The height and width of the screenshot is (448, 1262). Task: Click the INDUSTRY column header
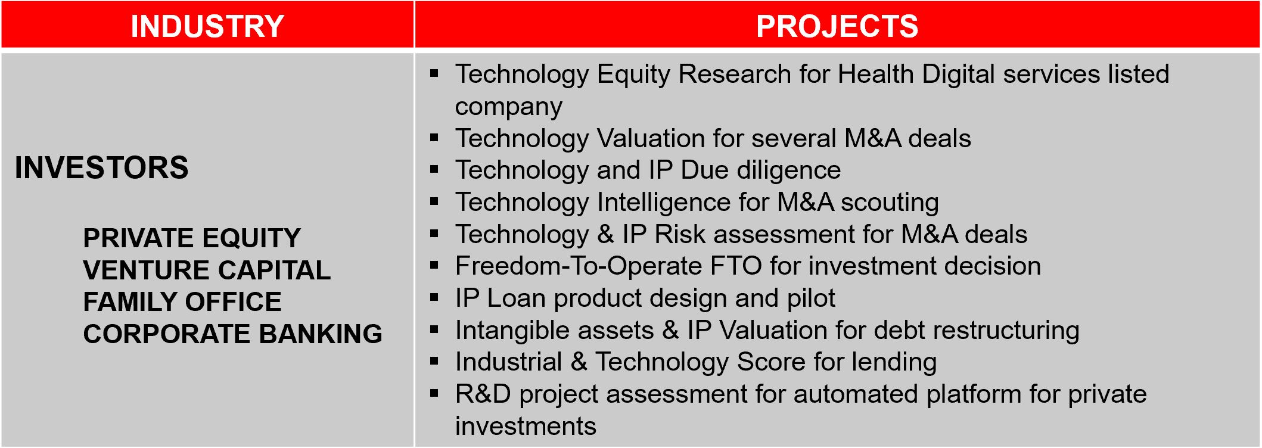click(x=207, y=26)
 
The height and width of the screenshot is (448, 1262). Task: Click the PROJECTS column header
click(x=837, y=26)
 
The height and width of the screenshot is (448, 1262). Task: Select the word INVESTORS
click(x=101, y=167)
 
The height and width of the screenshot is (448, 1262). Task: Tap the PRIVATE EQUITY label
click(x=192, y=238)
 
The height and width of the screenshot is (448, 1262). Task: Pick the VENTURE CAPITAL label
click(x=207, y=270)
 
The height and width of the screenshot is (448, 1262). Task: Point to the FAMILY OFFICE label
click(x=182, y=302)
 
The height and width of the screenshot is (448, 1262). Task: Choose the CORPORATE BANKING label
click(x=233, y=334)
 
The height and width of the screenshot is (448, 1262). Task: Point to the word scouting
click(x=890, y=203)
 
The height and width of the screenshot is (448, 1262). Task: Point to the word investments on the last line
click(x=526, y=427)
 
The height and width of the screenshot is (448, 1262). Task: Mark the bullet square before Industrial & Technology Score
click(x=434, y=361)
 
